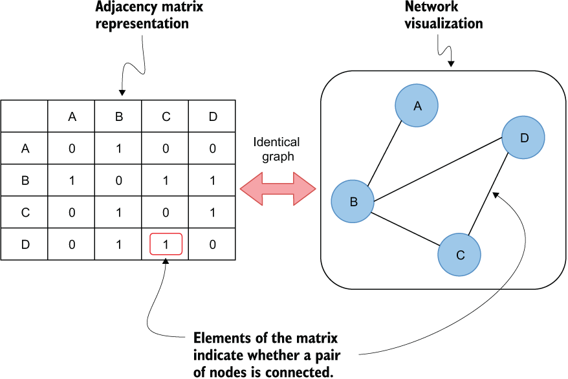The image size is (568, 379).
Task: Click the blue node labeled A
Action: pos(417,105)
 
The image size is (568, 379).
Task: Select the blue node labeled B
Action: pos(353,201)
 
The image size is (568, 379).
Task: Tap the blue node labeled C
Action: pos(459,254)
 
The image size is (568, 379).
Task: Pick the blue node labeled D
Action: pos(523,138)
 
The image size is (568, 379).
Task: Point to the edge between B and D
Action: pos(438,169)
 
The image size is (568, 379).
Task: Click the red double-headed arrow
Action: pos(278,189)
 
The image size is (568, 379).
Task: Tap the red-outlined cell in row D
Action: pos(166,244)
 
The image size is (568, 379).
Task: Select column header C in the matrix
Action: pos(165,116)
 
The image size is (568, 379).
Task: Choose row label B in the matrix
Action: pos(25,180)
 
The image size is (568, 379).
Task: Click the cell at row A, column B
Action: pos(118,148)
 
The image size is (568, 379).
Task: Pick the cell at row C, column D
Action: pos(212,212)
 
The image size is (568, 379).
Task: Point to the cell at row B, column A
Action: pos(71,180)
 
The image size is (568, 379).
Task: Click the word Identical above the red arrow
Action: pos(276,142)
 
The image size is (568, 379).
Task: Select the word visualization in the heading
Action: pos(444,23)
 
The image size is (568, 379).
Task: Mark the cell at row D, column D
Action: pos(212,244)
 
